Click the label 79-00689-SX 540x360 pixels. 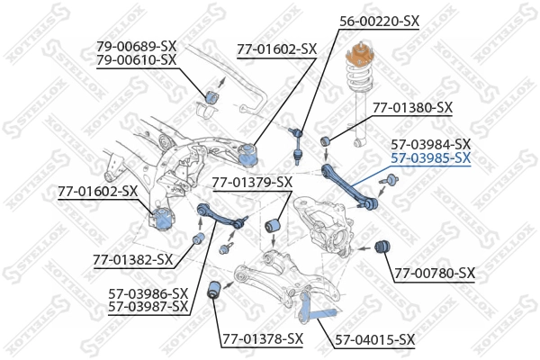(136, 46)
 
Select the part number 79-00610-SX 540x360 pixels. (136, 60)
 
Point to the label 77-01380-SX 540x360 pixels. (413, 107)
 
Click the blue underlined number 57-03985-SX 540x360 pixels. (430, 158)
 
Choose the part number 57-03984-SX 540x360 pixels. (430, 144)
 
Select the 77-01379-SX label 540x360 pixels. (252, 183)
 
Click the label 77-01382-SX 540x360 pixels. (132, 260)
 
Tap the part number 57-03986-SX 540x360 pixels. (148, 293)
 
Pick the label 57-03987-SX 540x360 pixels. (148, 307)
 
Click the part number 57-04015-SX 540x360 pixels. (375, 339)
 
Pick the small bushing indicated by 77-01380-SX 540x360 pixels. (327, 139)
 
